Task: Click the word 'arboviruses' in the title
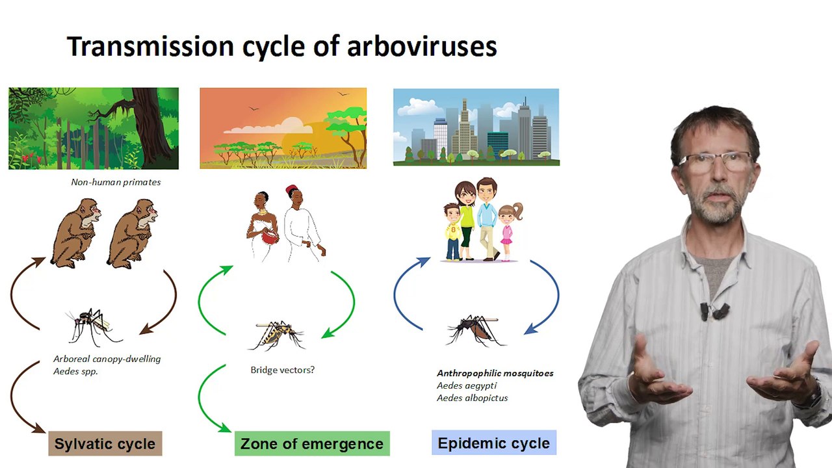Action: (422, 46)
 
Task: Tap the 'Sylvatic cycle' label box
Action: (105, 443)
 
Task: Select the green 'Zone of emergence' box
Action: (312, 443)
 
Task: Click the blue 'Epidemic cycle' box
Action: (494, 443)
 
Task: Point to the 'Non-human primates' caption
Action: (116, 182)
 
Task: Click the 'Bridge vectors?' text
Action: (282, 370)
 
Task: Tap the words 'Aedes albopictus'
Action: (472, 398)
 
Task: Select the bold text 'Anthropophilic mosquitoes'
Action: (495, 373)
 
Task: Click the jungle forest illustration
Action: (94, 129)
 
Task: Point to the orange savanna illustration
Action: (283, 128)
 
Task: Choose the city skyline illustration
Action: (476, 127)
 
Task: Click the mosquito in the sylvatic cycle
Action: (93, 327)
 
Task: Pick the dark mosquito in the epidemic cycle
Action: (475, 331)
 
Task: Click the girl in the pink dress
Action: (509, 231)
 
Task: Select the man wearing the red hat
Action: (303, 224)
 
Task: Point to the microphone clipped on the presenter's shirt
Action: (714, 311)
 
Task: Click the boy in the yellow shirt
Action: (452, 232)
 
